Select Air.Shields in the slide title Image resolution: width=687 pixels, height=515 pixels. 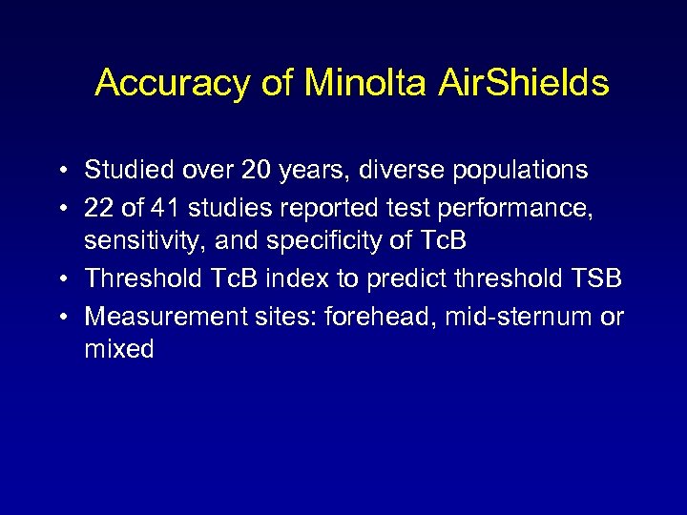click(x=523, y=84)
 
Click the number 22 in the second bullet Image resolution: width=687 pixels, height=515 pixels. click(x=98, y=206)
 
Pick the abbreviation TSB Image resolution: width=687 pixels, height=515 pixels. click(x=596, y=278)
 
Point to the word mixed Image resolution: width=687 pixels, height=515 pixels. click(x=118, y=349)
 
